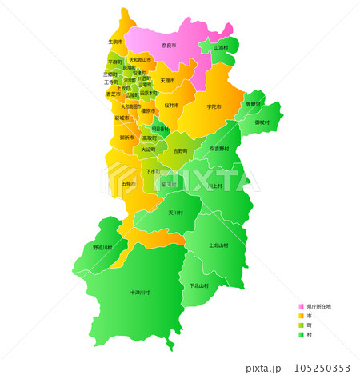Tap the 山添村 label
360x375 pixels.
coord(221,47)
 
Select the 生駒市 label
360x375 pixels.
coord(115,41)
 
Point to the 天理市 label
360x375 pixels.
coord(167,81)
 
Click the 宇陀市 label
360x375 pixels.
coord(214,106)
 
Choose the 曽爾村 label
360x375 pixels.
coord(253,104)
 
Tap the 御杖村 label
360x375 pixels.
coord(262,122)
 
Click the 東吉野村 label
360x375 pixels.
coord(220,149)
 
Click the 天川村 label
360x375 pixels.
coord(175,213)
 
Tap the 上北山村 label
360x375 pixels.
coord(218,245)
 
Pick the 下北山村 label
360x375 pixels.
coord(199,285)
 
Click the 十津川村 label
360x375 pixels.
coord(140,293)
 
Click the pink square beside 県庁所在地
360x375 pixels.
coord(302,306)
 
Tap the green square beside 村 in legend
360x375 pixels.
coord(302,335)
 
